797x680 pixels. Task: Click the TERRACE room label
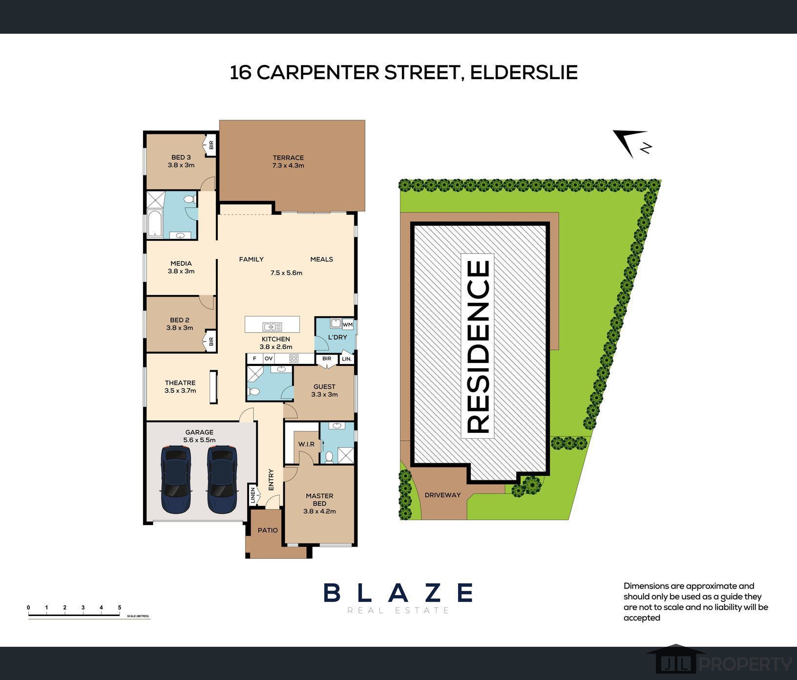(x=288, y=158)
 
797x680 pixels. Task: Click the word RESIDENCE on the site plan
(x=478, y=347)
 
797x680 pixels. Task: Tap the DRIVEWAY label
(x=442, y=495)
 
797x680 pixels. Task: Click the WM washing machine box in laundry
(x=348, y=324)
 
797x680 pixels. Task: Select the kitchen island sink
(x=272, y=326)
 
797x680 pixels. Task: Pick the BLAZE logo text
(x=398, y=593)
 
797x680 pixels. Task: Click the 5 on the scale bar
(x=120, y=608)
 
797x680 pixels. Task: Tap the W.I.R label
(x=307, y=444)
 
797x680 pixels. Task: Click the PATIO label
(x=268, y=530)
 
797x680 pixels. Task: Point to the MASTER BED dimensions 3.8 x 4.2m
(x=319, y=511)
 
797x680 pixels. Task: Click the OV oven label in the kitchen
(x=269, y=359)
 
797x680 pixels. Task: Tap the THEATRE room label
(x=180, y=383)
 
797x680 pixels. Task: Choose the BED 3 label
(x=181, y=157)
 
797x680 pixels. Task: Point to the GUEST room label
(x=324, y=386)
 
